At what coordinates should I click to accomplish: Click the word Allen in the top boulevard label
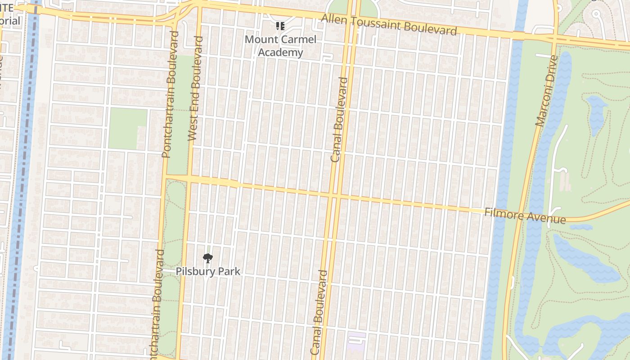[334, 19]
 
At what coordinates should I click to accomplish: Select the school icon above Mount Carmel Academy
[280, 27]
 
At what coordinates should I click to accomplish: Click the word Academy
[280, 53]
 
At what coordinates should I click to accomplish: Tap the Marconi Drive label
[546, 90]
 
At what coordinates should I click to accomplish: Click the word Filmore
[503, 213]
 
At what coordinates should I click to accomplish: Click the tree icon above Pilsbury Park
[207, 258]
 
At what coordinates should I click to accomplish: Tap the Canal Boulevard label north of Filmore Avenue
[340, 120]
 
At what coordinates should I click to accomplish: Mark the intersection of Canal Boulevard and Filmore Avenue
[333, 196]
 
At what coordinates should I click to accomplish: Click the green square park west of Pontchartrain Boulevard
[128, 128]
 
